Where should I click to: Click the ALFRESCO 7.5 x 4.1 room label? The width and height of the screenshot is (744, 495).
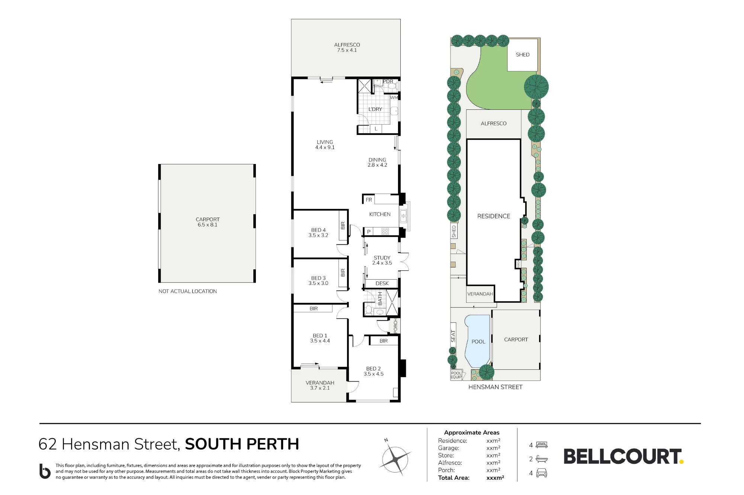pyautogui.click(x=347, y=47)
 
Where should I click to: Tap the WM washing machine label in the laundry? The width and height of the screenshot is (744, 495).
pyautogui.click(x=394, y=97)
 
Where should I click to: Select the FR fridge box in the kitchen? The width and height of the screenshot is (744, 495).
pyautogui.click(x=369, y=200)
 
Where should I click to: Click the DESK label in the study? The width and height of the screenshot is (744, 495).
pyautogui.click(x=382, y=283)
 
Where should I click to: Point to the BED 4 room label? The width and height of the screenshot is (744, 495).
pyautogui.click(x=318, y=232)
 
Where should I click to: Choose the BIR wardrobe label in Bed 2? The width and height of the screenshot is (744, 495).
pyautogui.click(x=384, y=341)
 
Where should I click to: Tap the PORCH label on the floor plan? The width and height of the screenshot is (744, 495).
pyautogui.click(x=395, y=325)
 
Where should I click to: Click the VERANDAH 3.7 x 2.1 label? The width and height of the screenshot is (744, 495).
pyautogui.click(x=320, y=385)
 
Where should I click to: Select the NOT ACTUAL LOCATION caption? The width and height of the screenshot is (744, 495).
pyautogui.click(x=187, y=291)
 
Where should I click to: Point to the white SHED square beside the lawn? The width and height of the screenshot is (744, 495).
pyautogui.click(x=522, y=55)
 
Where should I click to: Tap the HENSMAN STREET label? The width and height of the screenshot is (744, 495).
pyautogui.click(x=495, y=387)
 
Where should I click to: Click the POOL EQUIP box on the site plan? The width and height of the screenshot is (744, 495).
pyautogui.click(x=456, y=375)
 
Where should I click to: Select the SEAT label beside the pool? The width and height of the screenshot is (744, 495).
pyautogui.click(x=453, y=336)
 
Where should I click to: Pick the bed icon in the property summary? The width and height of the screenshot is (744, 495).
pyautogui.click(x=542, y=445)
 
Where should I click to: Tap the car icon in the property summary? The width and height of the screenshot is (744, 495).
pyautogui.click(x=542, y=473)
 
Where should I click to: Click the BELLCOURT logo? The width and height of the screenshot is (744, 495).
pyautogui.click(x=623, y=456)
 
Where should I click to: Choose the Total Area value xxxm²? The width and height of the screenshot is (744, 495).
pyautogui.click(x=495, y=478)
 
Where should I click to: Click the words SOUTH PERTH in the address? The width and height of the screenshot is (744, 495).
pyautogui.click(x=242, y=444)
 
